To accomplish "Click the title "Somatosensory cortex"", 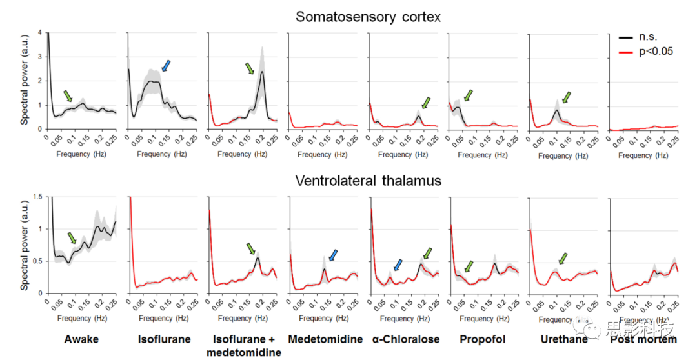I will pos(368,17).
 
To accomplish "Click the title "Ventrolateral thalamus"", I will pos(368,181).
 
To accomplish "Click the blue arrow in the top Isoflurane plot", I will pos(166,65).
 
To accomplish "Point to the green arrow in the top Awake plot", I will pos(68,96).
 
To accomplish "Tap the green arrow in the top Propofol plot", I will pos(468,96).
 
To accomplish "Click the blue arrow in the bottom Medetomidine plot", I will pos(332,255).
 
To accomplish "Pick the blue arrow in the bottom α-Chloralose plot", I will pos(398,265).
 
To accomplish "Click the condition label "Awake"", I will pos(81,339).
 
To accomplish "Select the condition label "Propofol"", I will pos(482,339).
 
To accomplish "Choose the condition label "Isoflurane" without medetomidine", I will pos(163,339).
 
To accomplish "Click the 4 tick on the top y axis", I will pos(40,32).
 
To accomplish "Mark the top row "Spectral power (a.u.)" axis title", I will pos(24,81).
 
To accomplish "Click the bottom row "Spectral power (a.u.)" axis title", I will pos(24,245).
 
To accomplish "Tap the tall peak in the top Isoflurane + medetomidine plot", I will pos(262,72).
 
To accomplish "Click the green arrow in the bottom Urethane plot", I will pos(564,258).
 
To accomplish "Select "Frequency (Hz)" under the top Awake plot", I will pos(81,154).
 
